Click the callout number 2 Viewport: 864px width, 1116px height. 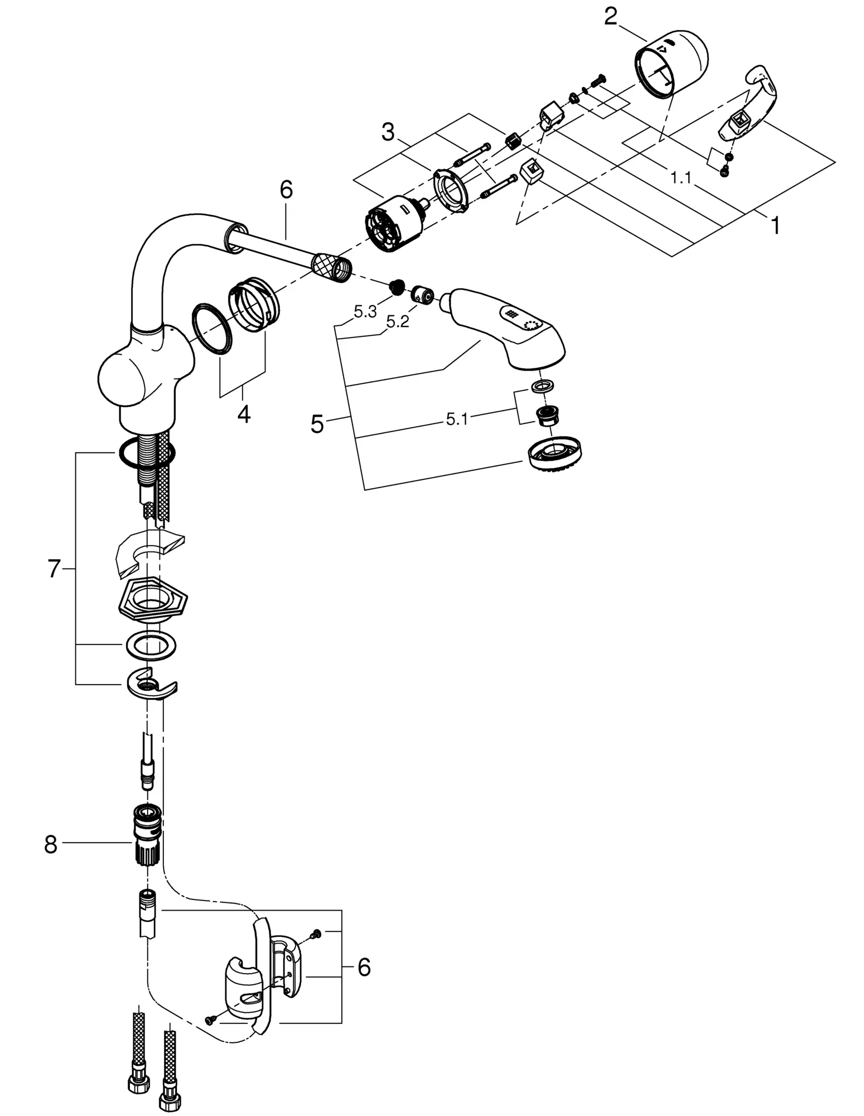(x=611, y=17)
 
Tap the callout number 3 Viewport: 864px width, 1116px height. (x=388, y=133)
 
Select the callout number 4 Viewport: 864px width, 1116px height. (x=244, y=413)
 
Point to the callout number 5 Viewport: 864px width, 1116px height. (x=317, y=424)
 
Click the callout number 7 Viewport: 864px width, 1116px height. (x=53, y=569)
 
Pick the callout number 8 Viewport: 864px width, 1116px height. (x=51, y=844)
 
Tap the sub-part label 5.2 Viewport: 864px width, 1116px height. (x=398, y=322)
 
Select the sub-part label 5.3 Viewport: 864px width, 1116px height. (x=365, y=312)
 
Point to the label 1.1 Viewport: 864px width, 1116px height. (x=680, y=178)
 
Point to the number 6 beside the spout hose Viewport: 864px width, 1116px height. (x=286, y=190)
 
